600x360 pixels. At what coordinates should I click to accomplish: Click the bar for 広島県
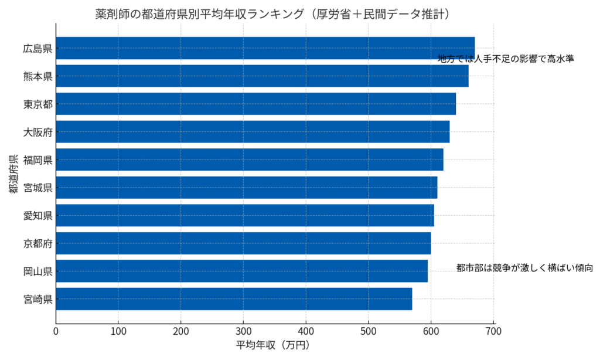pyautogui.click(x=265, y=48)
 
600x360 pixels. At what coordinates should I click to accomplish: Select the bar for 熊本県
pyautogui.click(x=262, y=76)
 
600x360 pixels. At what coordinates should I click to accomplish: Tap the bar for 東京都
pyautogui.click(x=255, y=104)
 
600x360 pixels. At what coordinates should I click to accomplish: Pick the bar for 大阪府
pyautogui.click(x=253, y=132)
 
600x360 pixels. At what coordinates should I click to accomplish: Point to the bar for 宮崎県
pyautogui.click(x=234, y=299)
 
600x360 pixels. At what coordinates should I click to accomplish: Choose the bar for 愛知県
pyautogui.click(x=245, y=215)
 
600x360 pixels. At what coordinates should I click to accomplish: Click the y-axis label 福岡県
pyautogui.click(x=38, y=159)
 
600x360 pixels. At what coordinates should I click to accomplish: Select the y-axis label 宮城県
pyautogui.click(x=38, y=188)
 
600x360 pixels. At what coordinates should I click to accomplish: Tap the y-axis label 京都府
pyautogui.click(x=38, y=243)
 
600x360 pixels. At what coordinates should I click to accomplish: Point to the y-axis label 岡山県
pyautogui.click(x=38, y=271)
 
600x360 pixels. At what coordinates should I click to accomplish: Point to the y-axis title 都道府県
pyautogui.click(x=13, y=174)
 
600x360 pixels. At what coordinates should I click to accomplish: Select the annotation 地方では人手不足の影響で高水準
pyautogui.click(x=506, y=59)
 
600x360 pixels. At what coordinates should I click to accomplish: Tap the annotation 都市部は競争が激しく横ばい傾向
pyautogui.click(x=525, y=268)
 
